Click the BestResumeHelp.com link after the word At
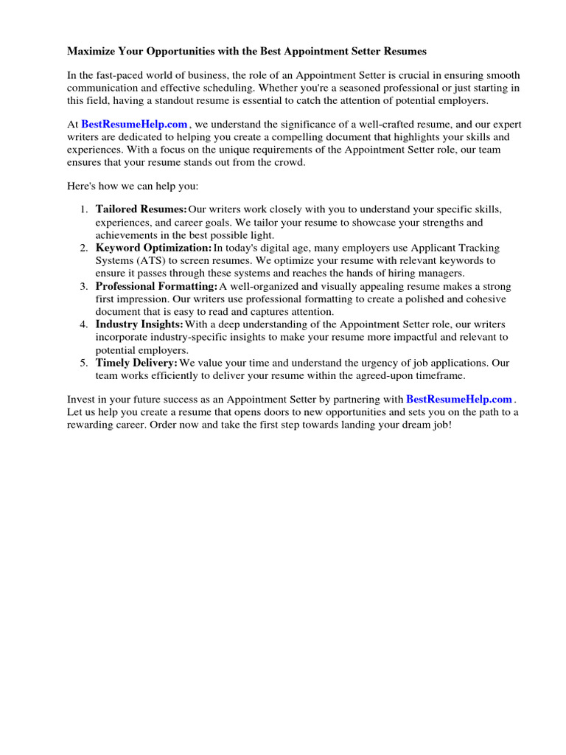(134, 125)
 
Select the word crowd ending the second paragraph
(287, 162)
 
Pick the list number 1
(83, 210)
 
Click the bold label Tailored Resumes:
(141, 210)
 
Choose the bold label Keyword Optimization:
(153, 248)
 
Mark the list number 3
(83, 286)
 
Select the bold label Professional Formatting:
(156, 286)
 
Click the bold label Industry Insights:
(139, 324)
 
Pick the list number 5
(83, 363)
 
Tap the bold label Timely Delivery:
(136, 363)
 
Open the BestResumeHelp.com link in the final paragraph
(458, 400)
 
